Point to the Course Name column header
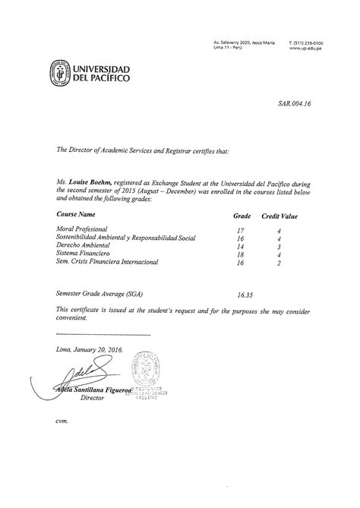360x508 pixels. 81,215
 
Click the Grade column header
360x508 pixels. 242,216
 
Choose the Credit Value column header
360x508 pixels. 279,216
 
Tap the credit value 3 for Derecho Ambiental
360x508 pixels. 279,246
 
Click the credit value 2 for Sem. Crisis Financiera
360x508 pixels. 279,263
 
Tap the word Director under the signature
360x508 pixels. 96,397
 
